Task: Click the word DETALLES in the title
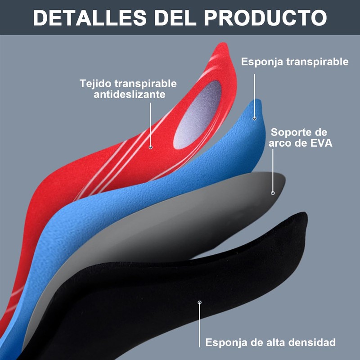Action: point(82,18)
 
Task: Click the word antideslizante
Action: point(129,94)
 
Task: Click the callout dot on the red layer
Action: point(150,147)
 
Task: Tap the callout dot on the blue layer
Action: point(255,118)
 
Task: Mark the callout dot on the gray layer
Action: point(273,193)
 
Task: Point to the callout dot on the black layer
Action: point(200,302)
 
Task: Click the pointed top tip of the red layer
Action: point(224,45)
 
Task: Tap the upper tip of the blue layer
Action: point(257,101)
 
